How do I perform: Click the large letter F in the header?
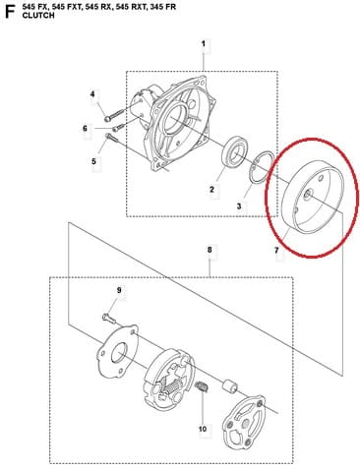tap(10, 12)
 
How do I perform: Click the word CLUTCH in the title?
tap(38, 16)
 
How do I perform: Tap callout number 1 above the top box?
tap(204, 43)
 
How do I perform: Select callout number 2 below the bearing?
tap(211, 190)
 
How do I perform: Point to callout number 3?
tap(239, 206)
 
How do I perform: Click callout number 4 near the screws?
tap(92, 94)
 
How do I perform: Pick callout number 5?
tap(93, 161)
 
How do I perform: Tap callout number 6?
tap(85, 128)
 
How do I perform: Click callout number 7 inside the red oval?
tap(276, 251)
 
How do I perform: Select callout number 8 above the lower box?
tap(210, 250)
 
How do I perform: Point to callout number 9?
tap(119, 290)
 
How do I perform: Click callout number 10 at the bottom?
tap(203, 429)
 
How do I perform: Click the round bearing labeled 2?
tap(235, 152)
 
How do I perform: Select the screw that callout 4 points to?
tap(113, 114)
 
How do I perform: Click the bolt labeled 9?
tap(108, 319)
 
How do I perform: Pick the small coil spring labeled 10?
tap(201, 387)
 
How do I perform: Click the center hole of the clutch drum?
tap(308, 194)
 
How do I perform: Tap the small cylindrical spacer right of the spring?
tap(229, 386)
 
